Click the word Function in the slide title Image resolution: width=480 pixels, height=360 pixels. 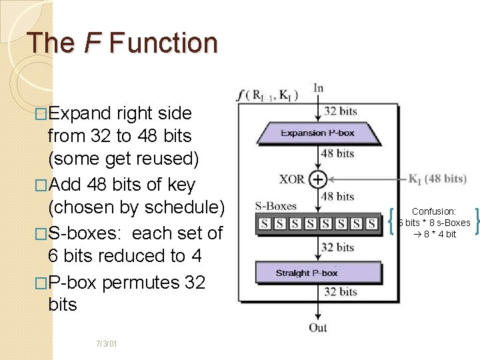point(163,43)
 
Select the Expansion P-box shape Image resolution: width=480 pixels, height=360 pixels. point(318,133)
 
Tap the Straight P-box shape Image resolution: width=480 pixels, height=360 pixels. point(318,273)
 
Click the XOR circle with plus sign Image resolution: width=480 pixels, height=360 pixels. point(318,179)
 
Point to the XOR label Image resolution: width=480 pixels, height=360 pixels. point(291,179)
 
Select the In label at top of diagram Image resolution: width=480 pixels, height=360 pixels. point(318,89)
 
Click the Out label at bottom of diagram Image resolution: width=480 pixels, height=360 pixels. point(318,327)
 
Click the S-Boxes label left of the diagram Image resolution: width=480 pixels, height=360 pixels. point(275,206)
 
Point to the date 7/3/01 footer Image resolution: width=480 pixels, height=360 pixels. point(107,344)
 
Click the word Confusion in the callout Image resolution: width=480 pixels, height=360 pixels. point(433,211)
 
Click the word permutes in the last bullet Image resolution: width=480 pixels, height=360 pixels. point(140,282)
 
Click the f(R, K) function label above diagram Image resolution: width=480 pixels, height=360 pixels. point(267,95)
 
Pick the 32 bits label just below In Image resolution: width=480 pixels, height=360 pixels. point(339,111)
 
